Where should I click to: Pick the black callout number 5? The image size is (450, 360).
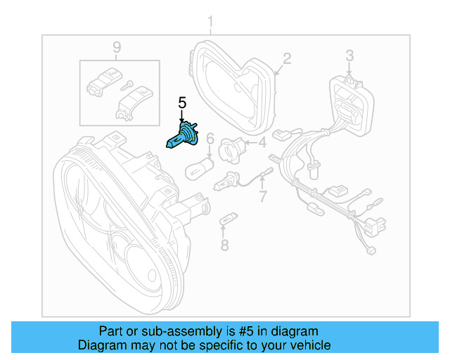(181, 103)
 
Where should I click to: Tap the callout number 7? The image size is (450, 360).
(263, 197)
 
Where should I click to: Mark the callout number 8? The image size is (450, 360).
(224, 245)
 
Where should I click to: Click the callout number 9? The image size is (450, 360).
(117, 47)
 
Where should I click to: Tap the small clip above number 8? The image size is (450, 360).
(226, 220)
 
